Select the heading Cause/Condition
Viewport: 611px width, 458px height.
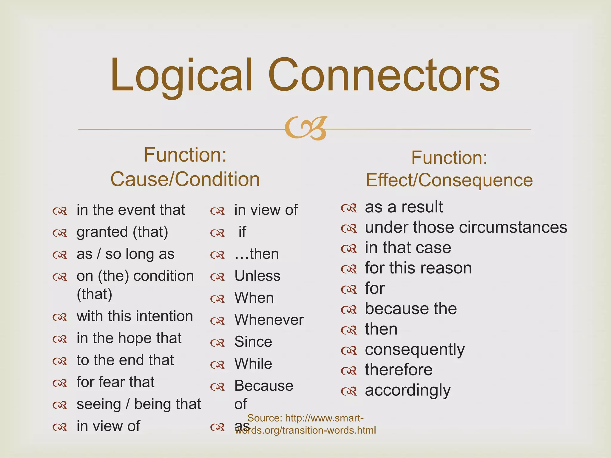tap(185, 179)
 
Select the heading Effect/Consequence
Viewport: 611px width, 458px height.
tap(449, 180)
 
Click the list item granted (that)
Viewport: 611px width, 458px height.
tap(122, 232)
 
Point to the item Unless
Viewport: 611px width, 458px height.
tap(257, 276)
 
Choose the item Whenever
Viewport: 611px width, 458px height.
tap(269, 320)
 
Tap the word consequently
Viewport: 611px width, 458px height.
tap(415, 349)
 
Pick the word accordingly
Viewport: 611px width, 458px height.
tap(408, 390)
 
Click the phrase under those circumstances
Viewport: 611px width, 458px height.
tap(466, 228)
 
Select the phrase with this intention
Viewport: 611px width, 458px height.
tap(135, 316)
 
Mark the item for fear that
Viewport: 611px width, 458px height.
tap(115, 382)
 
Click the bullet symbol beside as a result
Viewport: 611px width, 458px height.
tap(349, 208)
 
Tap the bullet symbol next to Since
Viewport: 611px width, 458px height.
tap(217, 343)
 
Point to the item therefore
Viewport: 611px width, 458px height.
tap(399, 370)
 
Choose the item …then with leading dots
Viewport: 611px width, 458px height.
tap(256, 254)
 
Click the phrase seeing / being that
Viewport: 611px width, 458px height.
tap(139, 404)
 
